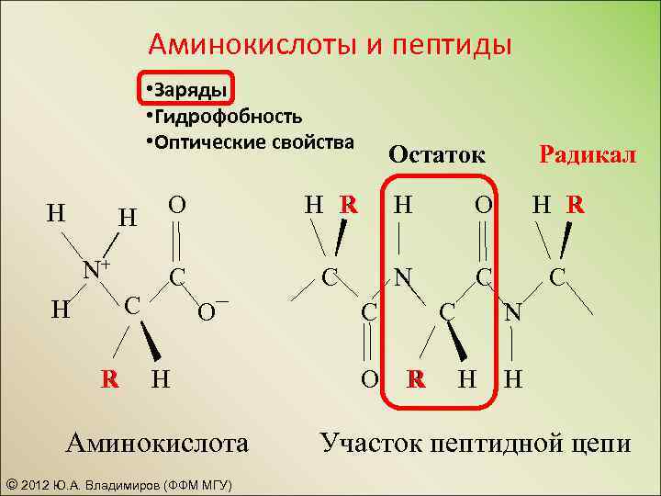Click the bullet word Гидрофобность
pyautogui.click(x=229, y=117)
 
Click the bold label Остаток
pyautogui.click(x=436, y=153)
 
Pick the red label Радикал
pyautogui.click(x=587, y=153)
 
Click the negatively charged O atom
pyautogui.click(x=210, y=312)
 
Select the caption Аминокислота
pyautogui.click(x=157, y=443)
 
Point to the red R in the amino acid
pyautogui.click(x=109, y=378)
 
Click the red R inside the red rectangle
pyautogui.click(x=417, y=378)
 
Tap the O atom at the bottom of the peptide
pyautogui.click(x=368, y=378)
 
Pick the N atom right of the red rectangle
pyautogui.click(x=513, y=313)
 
